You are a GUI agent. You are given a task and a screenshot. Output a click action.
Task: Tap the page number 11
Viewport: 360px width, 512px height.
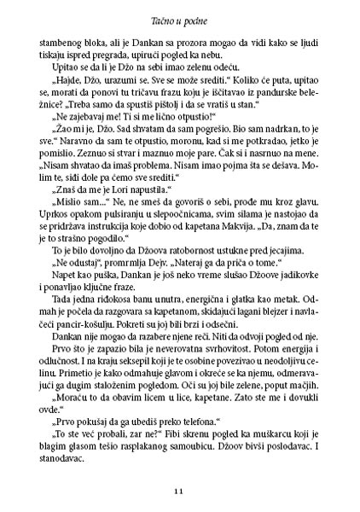tap(179, 491)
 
